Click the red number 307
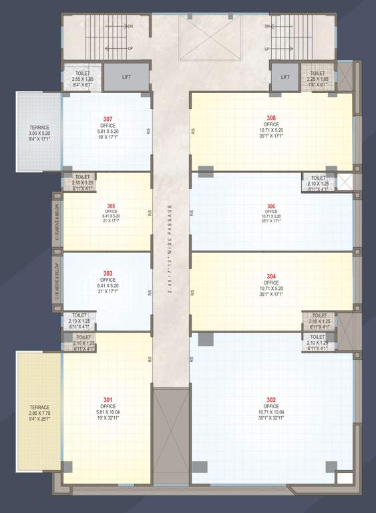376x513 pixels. point(108,119)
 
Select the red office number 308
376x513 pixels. point(271,118)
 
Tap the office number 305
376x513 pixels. point(111,206)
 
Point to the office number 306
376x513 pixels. point(271,206)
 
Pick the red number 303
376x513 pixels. point(108,273)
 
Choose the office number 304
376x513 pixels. point(271,276)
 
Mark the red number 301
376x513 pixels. point(108,399)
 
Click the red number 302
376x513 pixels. point(271,399)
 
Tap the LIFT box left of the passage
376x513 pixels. point(127,77)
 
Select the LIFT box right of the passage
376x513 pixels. point(285,77)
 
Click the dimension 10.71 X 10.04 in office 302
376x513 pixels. point(271,413)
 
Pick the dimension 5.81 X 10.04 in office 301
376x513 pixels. point(108,413)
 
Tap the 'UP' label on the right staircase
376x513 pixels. point(266,49)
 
